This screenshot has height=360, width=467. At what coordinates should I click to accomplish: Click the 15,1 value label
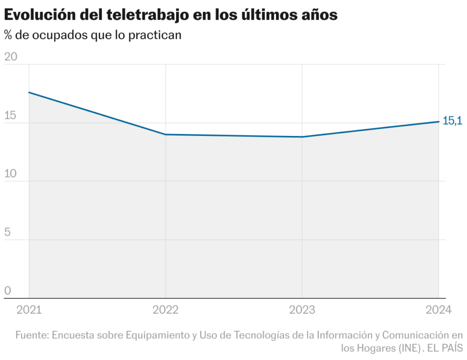point(452,121)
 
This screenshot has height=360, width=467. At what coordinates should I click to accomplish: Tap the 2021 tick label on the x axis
point(29,310)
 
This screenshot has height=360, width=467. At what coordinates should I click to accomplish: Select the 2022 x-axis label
point(166,310)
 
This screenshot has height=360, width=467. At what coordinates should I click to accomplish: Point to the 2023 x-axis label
point(302,310)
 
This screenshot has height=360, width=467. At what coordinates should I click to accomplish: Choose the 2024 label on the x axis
point(438,310)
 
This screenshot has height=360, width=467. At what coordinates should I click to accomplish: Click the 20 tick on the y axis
point(10,57)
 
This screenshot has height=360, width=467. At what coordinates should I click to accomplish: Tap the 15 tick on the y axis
point(10,115)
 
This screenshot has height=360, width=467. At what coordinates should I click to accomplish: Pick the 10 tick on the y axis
point(10,174)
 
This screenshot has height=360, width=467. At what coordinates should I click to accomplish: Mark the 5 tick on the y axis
point(7,232)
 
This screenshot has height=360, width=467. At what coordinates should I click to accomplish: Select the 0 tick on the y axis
point(7,291)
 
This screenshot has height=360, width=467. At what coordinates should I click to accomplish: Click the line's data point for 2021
point(29,92)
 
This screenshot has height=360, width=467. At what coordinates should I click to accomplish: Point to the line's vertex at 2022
point(166,135)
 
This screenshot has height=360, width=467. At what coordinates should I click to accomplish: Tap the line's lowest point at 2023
point(302,137)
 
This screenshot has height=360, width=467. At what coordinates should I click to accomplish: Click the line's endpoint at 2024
point(438,121)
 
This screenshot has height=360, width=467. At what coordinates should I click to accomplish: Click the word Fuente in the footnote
point(31,335)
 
